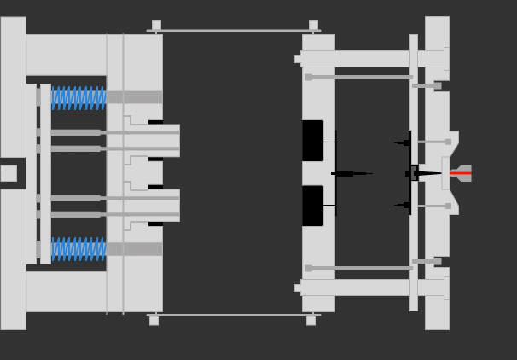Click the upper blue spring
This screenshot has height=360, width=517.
click(78, 97)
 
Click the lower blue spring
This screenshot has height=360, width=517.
click(78, 249)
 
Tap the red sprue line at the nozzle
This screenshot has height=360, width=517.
click(461, 173)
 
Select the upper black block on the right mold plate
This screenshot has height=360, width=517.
click(312, 141)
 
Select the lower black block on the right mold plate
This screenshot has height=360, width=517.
click(312, 206)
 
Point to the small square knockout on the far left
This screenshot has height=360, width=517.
click(9, 173)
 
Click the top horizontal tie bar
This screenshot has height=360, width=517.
click(234, 31)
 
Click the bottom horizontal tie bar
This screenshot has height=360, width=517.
click(234, 315)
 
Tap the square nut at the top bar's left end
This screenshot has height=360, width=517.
click(156, 26)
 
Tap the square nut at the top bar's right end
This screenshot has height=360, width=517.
click(313, 26)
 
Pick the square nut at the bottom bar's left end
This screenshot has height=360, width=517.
click(154, 321)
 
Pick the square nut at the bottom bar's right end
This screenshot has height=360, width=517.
click(311, 321)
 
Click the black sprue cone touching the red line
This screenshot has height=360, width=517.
click(427, 173)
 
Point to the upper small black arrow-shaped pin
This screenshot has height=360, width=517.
click(403, 142)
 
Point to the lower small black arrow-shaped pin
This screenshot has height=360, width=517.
click(403, 205)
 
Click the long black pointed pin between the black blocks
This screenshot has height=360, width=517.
click(351, 173)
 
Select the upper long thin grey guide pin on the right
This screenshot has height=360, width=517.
click(358, 77)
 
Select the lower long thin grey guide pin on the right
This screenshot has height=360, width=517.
click(358, 268)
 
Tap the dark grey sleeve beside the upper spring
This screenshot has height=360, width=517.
click(134, 97)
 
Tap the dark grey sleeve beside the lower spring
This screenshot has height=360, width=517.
click(134, 249)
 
